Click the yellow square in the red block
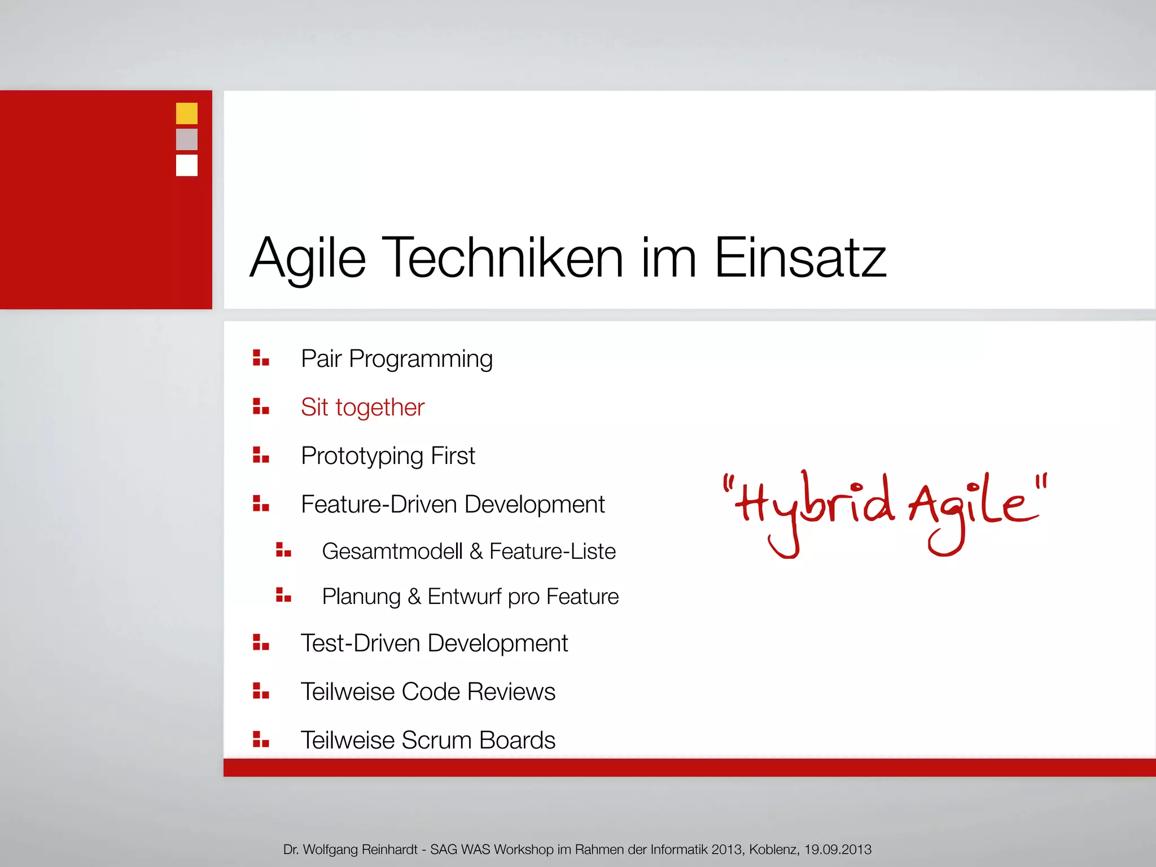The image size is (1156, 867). (x=187, y=113)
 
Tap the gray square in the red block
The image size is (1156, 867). (x=187, y=139)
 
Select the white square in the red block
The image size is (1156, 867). (x=187, y=165)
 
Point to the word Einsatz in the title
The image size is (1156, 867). (x=800, y=257)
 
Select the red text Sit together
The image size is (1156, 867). (x=362, y=408)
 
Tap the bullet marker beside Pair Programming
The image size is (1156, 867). (x=261, y=358)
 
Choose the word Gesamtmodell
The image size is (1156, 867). (x=392, y=551)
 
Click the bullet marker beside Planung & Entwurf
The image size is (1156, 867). (x=283, y=595)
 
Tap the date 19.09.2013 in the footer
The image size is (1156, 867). (x=838, y=850)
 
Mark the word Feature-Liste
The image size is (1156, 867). (x=552, y=551)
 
